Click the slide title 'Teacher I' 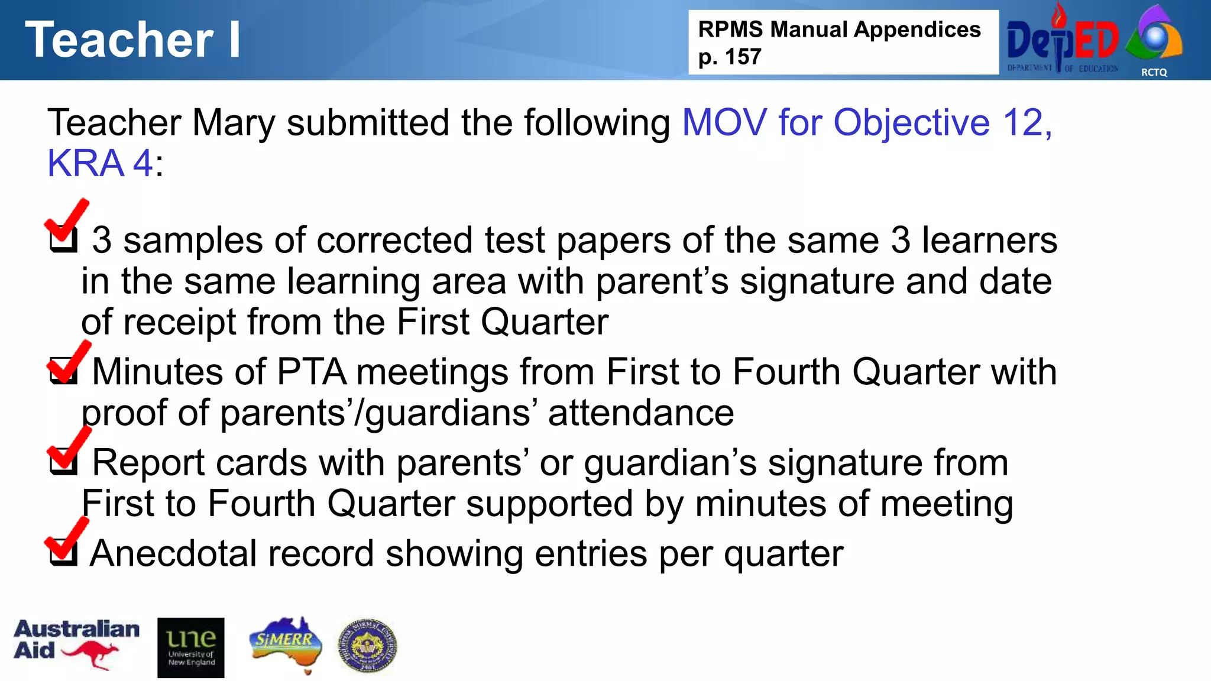pyautogui.click(x=132, y=40)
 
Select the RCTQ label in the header pyautogui.click(x=1154, y=72)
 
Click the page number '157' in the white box pyautogui.click(x=743, y=57)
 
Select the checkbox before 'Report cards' pyautogui.click(x=64, y=462)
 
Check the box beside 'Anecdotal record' pyautogui.click(x=64, y=553)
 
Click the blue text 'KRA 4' pyautogui.click(x=100, y=163)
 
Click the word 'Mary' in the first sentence pyautogui.click(x=234, y=122)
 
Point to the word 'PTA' pyautogui.click(x=311, y=372)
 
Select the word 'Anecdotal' pyautogui.click(x=173, y=553)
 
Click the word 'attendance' pyautogui.click(x=641, y=413)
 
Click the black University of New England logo pyautogui.click(x=191, y=647)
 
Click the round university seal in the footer pyautogui.click(x=367, y=646)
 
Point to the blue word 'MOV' pyautogui.click(x=724, y=122)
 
